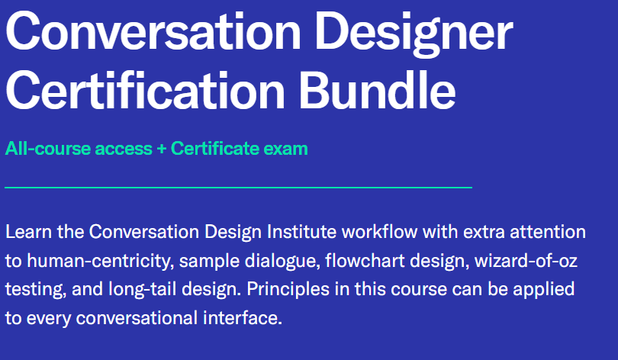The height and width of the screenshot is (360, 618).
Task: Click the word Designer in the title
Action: coord(414,34)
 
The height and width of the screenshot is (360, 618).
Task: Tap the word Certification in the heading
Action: coord(145,90)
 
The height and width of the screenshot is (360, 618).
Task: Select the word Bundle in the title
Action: coord(377,90)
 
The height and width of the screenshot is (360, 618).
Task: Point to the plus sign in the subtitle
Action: coord(161,149)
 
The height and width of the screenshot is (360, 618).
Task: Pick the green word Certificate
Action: coord(215,149)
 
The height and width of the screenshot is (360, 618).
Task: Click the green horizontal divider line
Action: coord(239,188)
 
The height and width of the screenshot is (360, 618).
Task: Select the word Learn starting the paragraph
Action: coord(28,232)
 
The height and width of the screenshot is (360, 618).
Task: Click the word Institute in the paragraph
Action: coord(301,232)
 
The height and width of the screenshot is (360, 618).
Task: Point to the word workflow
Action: coord(379,232)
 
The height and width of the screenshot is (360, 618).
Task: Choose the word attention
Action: coord(548,232)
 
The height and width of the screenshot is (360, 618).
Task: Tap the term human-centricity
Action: coord(101,262)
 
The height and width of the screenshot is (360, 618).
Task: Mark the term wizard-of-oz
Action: coord(526,261)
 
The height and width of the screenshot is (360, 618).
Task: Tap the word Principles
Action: coord(288,290)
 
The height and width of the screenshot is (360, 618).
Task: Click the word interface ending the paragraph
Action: coord(243,318)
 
